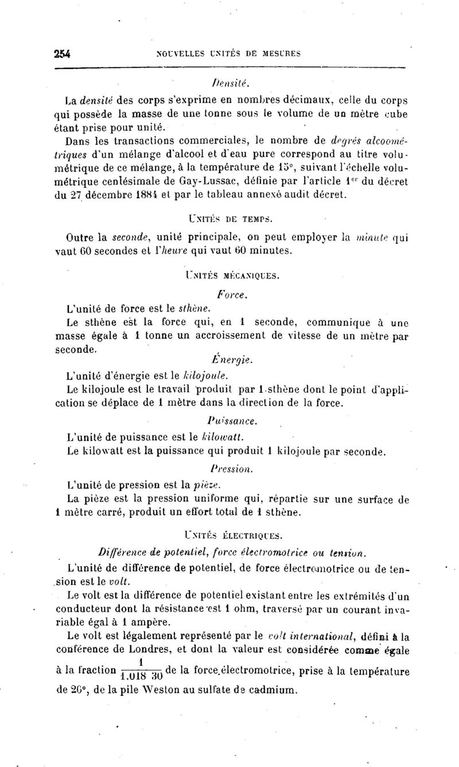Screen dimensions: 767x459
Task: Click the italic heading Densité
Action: click(230, 83)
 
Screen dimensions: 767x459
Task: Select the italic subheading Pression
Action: click(232, 469)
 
